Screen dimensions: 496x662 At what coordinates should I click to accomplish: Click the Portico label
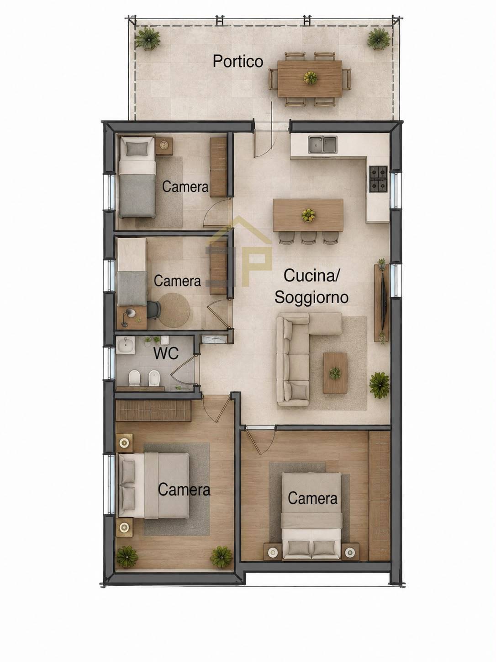[x=238, y=61]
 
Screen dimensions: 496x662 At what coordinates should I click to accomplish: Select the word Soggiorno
[x=311, y=297]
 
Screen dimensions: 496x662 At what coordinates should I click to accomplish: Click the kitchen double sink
[x=322, y=144]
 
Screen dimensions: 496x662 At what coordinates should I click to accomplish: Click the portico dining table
[x=310, y=79]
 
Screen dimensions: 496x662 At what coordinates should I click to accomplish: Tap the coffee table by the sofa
[x=335, y=373]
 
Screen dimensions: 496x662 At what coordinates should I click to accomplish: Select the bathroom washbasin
[x=126, y=345]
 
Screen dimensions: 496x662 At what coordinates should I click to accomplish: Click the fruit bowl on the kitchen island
[x=308, y=215]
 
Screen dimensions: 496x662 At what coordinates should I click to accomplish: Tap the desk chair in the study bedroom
[x=153, y=310]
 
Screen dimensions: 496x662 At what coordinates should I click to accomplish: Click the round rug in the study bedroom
[x=174, y=310]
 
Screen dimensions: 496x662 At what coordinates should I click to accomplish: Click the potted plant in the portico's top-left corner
[x=147, y=38]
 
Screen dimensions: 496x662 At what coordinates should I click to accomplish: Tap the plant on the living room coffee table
[x=335, y=374]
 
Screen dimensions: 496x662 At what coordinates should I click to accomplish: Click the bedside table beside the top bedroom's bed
[x=164, y=146]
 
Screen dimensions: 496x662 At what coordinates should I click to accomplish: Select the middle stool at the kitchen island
[x=308, y=237]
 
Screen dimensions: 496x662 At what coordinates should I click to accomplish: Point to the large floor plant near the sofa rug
[x=380, y=385]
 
